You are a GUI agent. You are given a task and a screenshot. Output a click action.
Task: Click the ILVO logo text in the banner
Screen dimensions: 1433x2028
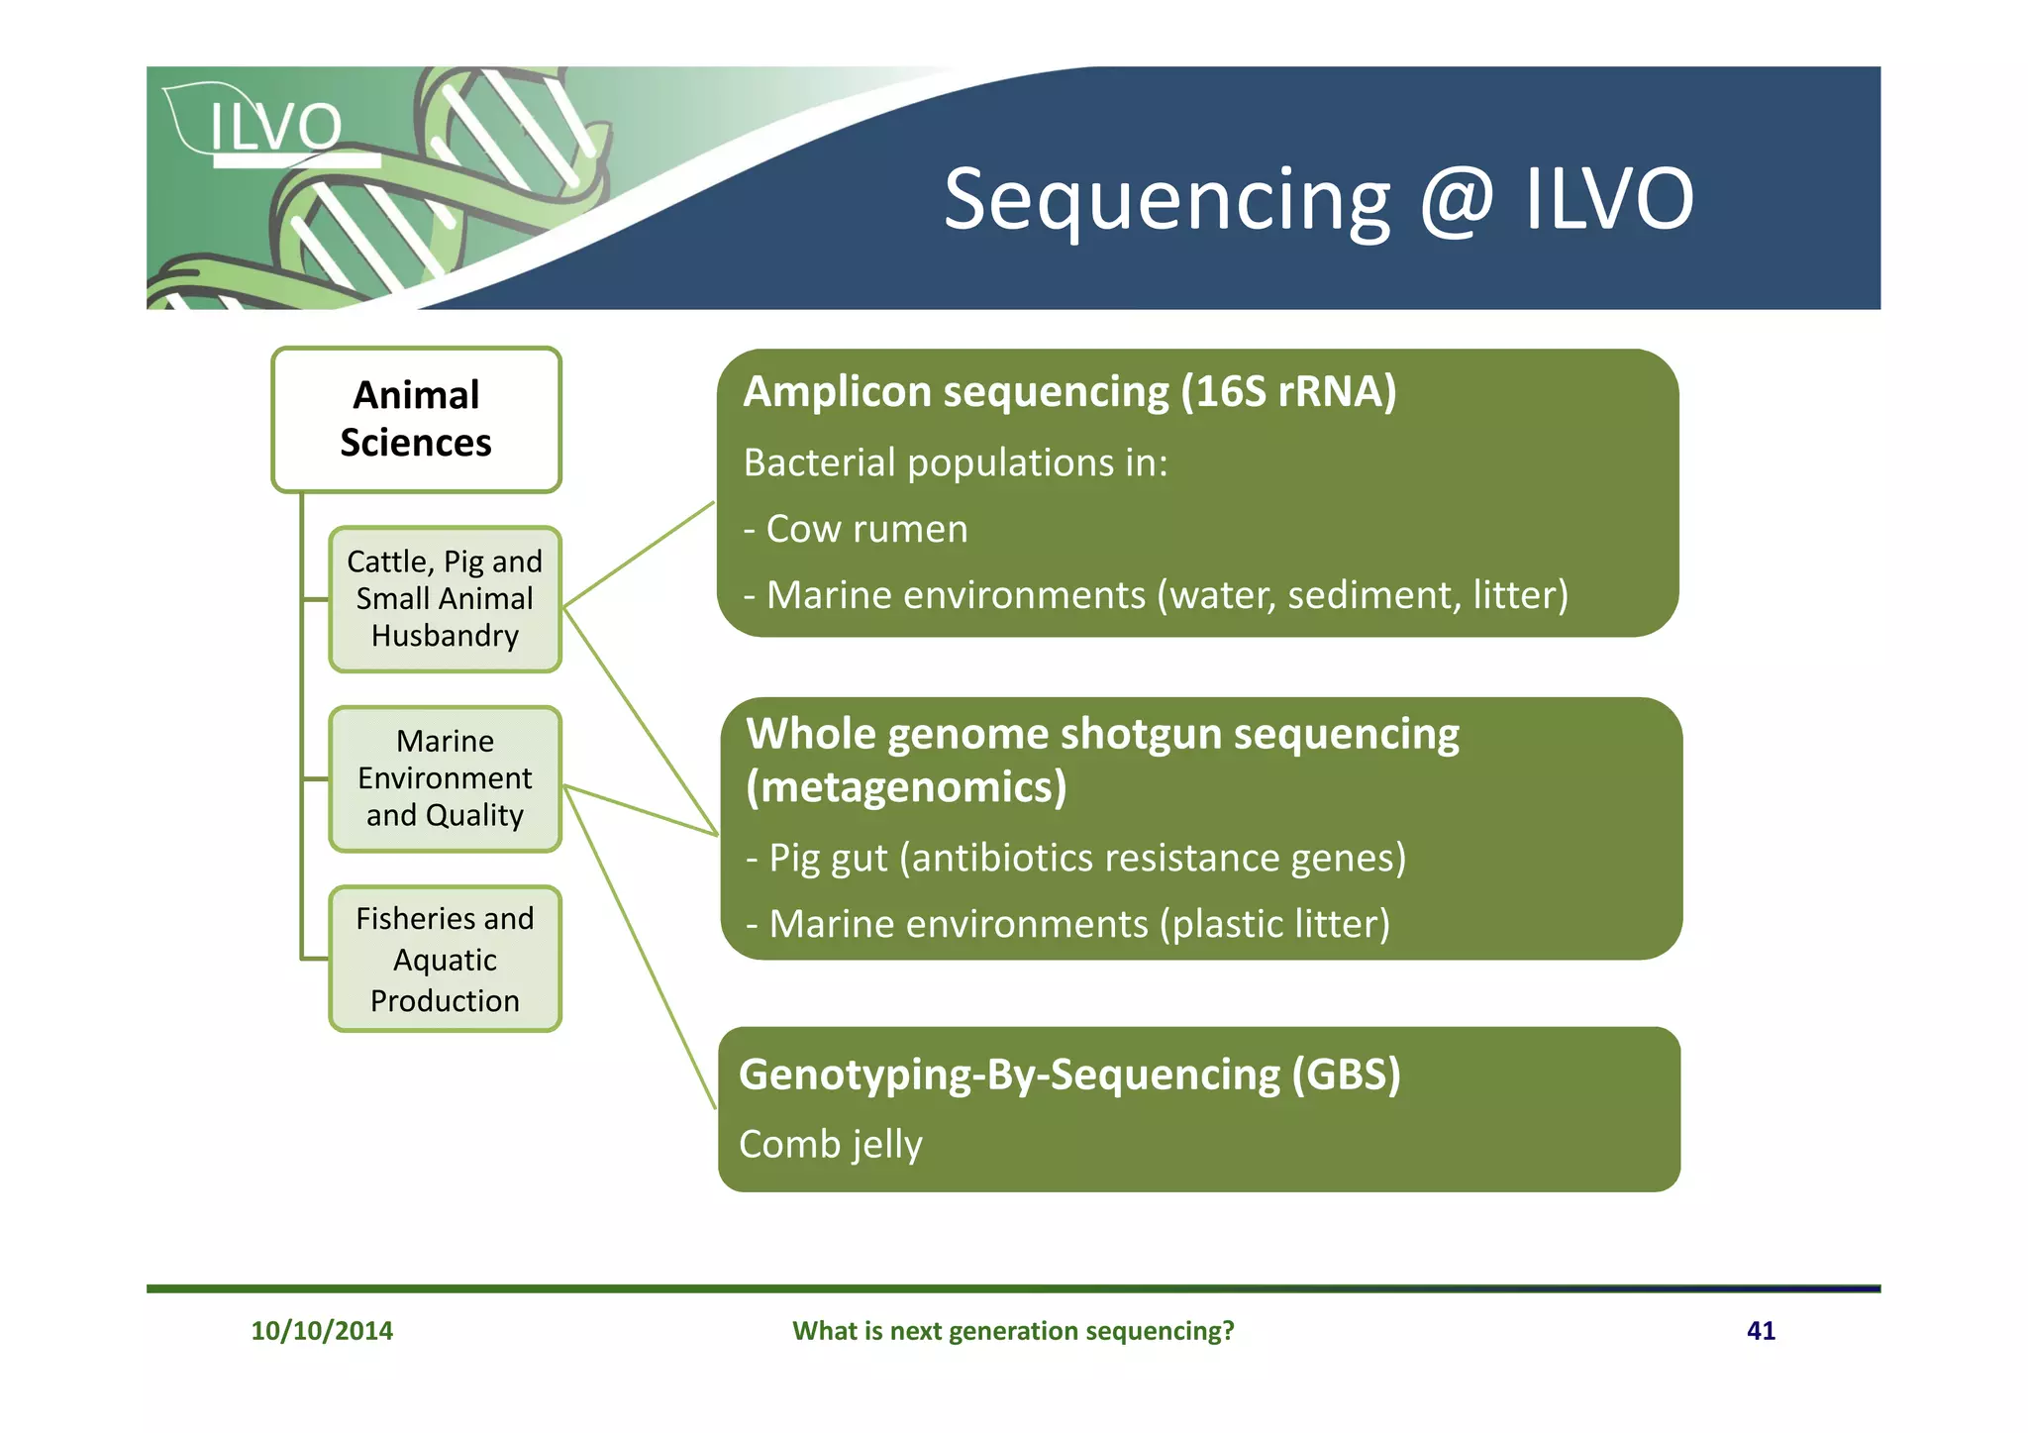275,128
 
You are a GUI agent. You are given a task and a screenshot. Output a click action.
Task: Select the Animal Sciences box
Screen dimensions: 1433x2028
416,419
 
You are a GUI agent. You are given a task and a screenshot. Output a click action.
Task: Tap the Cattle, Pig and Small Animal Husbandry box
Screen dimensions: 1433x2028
445,599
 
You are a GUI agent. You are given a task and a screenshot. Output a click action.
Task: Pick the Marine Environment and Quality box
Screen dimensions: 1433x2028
445,778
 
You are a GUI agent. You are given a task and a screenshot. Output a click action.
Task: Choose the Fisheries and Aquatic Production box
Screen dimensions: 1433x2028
445,959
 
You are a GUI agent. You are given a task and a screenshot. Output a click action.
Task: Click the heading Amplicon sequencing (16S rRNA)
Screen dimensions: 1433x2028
1069,392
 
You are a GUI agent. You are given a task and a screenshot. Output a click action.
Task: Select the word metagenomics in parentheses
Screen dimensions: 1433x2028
906,787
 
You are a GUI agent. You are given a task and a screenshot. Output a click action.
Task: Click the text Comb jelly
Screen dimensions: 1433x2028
830,1144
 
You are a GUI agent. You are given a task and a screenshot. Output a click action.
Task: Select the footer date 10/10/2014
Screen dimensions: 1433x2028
322,1330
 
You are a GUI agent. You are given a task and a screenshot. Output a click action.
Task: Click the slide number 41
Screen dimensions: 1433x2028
1761,1330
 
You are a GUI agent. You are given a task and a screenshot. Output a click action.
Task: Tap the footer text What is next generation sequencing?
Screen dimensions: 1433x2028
1013,1330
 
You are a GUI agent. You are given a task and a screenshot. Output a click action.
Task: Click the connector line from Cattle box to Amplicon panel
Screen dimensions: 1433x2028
639,554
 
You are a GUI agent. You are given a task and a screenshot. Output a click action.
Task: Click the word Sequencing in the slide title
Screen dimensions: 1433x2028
1166,200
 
